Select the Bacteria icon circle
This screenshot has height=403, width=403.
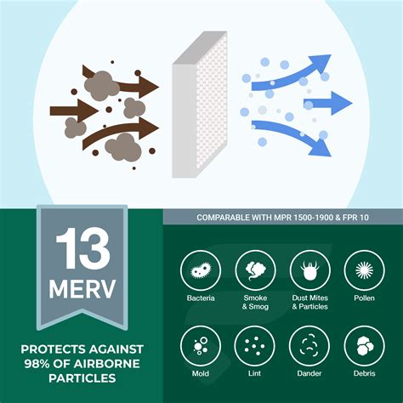click(x=201, y=271)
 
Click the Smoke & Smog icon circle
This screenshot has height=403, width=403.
click(x=255, y=271)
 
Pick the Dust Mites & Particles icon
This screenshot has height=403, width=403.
click(x=309, y=271)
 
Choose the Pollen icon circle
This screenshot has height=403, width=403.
click(x=364, y=271)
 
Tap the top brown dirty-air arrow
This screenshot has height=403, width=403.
click(x=128, y=85)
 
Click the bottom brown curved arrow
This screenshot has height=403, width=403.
click(x=119, y=136)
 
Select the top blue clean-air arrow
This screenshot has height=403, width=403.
click(x=298, y=68)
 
